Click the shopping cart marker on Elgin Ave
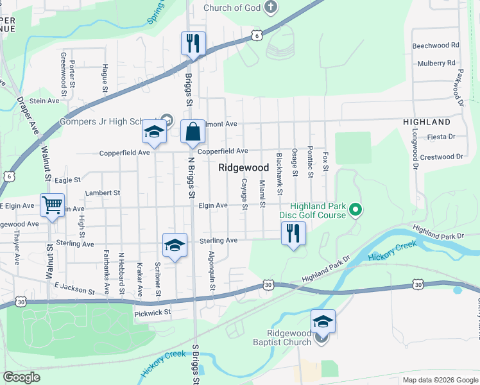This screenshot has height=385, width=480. click(52, 206)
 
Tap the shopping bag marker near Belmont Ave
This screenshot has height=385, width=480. click(193, 132)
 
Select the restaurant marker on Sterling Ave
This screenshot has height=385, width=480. click(293, 233)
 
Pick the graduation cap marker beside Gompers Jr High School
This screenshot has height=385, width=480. click(154, 132)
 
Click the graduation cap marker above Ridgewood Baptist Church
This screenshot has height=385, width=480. click(323, 321)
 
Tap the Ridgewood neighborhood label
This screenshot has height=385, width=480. click(243, 167)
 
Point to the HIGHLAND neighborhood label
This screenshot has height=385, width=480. click(426, 122)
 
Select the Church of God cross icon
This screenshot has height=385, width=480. click(271, 8)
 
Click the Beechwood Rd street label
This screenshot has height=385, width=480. click(436, 46)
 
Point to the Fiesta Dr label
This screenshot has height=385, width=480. click(441, 137)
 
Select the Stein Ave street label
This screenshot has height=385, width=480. click(44, 101)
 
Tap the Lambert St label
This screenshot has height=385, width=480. click(103, 193)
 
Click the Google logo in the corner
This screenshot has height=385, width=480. click(21, 377)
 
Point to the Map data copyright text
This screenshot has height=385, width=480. click(440, 380)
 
